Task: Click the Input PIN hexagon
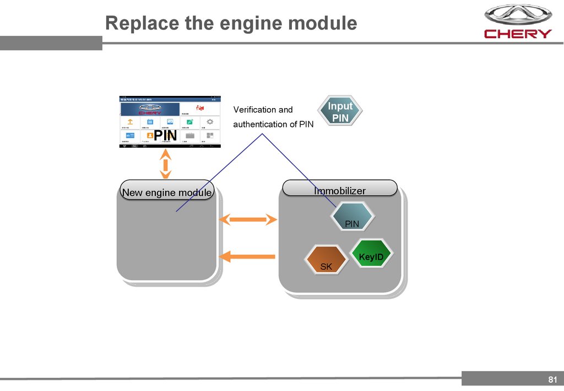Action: pos(340,111)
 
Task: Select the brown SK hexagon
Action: pos(326,261)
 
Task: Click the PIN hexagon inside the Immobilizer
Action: pos(352,217)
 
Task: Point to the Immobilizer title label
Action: pos(340,190)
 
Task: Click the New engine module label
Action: pos(167,192)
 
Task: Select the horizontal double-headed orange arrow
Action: pos(248,220)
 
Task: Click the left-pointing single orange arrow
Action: pos(247,256)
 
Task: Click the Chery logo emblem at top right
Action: pos(517,15)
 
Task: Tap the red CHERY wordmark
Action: pos(518,34)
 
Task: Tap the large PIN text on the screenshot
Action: pos(165,135)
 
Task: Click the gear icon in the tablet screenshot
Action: pos(210,122)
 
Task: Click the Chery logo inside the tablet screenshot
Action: pos(150,109)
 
